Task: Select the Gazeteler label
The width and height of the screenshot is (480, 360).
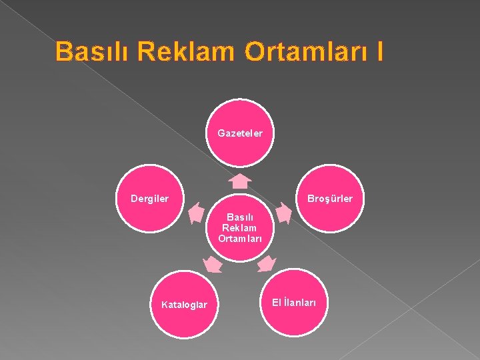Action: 240,133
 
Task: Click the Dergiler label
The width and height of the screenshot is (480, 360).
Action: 150,198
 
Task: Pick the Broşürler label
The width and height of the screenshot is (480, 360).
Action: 330,199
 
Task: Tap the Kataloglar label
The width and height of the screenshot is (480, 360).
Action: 184,305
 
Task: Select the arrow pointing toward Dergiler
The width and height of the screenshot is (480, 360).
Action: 196,213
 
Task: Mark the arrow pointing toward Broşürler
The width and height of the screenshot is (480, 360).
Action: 283,213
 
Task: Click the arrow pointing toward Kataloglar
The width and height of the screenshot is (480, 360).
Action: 213,265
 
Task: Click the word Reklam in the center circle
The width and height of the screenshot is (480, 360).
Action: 239,227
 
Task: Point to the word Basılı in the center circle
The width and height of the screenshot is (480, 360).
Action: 239,217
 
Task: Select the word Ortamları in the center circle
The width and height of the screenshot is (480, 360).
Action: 239,238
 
